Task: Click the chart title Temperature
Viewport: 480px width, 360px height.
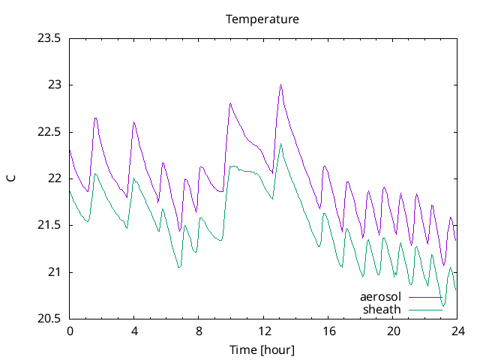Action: click(262, 19)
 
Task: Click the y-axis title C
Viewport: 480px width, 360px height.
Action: click(10, 178)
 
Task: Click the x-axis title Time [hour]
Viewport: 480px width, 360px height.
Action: click(262, 350)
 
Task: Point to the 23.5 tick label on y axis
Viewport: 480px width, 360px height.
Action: click(49, 38)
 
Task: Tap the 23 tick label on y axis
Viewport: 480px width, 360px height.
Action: click(55, 85)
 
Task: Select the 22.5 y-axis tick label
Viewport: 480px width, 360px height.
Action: click(49, 132)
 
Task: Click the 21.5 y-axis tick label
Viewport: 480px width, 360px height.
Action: click(49, 225)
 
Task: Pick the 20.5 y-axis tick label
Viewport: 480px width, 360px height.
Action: click(49, 319)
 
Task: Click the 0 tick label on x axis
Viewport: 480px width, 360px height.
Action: click(70, 331)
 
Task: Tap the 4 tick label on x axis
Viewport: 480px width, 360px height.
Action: click(134, 331)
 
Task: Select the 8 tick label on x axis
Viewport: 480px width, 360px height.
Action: click(199, 331)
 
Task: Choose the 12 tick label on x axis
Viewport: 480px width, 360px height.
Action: click(264, 331)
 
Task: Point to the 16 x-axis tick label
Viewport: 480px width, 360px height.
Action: click(328, 331)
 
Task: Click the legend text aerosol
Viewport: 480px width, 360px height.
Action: click(381, 297)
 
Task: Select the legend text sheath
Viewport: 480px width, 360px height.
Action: click(382, 309)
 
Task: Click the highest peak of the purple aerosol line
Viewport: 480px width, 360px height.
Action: click(280, 85)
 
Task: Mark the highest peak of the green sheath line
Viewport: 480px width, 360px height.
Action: click(281, 144)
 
